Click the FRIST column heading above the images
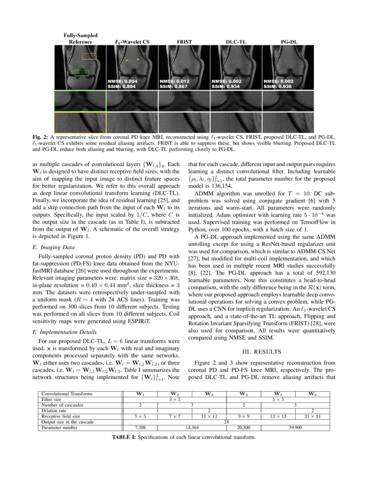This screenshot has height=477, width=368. [184, 42]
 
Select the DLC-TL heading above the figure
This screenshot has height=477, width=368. [236, 42]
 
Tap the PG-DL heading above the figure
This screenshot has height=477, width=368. [288, 42]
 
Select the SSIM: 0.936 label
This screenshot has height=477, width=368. [277, 87]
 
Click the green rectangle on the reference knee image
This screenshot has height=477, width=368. [82, 72]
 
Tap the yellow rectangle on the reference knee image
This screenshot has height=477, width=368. [89, 56]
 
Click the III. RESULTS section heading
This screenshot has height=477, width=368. [262, 351]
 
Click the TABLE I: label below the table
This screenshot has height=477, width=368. [124, 437]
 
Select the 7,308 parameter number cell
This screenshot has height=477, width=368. [141, 428]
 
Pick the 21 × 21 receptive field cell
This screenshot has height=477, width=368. [312, 416]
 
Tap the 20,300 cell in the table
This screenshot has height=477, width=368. [244, 428]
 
